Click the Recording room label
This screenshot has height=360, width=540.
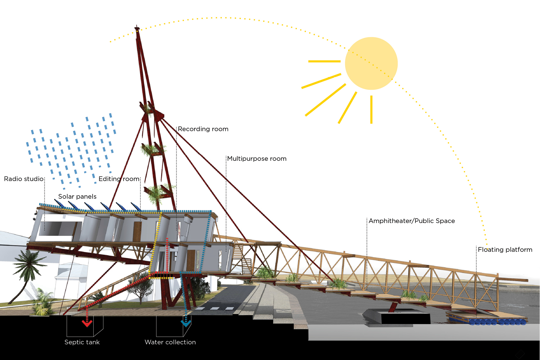(x=203, y=129)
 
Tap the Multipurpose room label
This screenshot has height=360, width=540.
(x=257, y=159)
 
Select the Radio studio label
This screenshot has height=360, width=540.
(x=24, y=179)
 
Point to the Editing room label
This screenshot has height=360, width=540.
(x=119, y=179)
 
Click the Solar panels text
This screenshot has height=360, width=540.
(x=77, y=197)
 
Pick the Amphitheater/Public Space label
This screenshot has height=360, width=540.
(x=412, y=221)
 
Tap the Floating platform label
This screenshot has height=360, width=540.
(x=505, y=250)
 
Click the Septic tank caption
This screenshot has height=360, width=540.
(x=82, y=342)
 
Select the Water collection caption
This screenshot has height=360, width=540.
(x=170, y=342)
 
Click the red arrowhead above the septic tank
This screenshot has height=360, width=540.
(x=87, y=323)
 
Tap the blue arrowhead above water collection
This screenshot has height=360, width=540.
(x=186, y=323)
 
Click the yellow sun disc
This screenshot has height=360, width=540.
(x=371, y=64)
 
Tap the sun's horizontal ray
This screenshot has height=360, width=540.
(x=324, y=61)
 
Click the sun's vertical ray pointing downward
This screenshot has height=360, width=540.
(x=371, y=110)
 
